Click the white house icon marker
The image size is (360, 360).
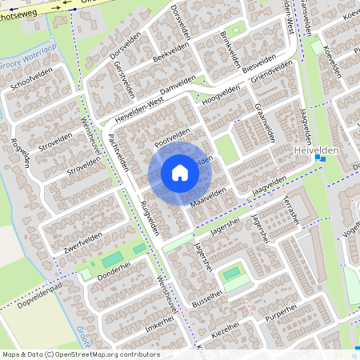pyautogui.click(x=180, y=172)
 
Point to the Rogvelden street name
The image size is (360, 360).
pyautogui.click(x=18, y=150)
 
